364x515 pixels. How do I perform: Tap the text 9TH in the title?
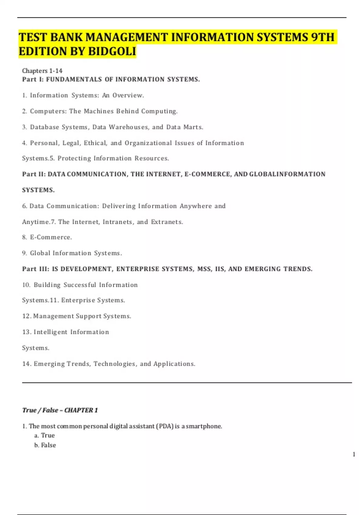tap(323, 37)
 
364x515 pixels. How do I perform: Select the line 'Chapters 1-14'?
tap(42, 71)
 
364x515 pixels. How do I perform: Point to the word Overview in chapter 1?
tap(128, 95)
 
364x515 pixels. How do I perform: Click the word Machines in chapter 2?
tap(99, 111)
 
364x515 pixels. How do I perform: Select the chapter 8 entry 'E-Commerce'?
tap(51, 237)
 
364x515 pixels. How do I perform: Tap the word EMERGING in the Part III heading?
tap(263, 269)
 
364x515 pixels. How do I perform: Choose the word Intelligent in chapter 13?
tap(51, 332)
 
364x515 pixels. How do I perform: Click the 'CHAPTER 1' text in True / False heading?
tap(81, 410)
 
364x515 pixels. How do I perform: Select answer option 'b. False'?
tap(45, 445)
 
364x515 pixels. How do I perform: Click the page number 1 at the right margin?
tap(354, 454)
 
